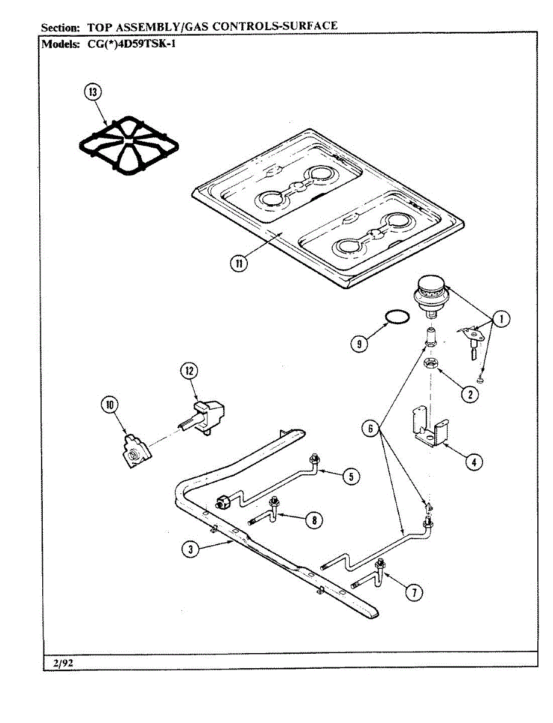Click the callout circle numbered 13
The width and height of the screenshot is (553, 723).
click(93, 93)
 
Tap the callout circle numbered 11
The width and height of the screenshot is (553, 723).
click(239, 263)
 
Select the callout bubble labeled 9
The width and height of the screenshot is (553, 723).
click(360, 343)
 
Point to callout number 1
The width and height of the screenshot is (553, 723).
click(501, 320)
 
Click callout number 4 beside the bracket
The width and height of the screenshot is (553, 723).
click(474, 462)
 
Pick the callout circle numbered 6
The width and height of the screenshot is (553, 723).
click(371, 428)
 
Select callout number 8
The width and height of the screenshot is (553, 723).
click(313, 520)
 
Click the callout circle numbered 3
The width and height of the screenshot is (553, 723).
click(190, 548)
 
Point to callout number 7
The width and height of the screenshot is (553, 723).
click(413, 593)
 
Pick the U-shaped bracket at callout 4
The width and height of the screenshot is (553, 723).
click(429, 428)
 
